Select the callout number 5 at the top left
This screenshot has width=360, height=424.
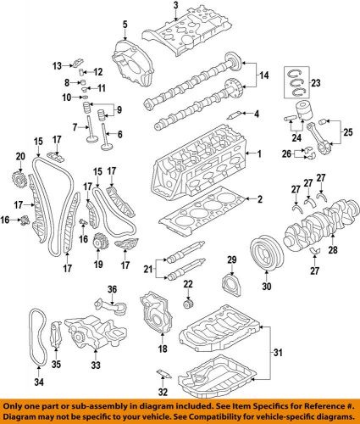(x=124, y=25)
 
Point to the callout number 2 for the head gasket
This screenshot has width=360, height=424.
(x=260, y=199)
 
